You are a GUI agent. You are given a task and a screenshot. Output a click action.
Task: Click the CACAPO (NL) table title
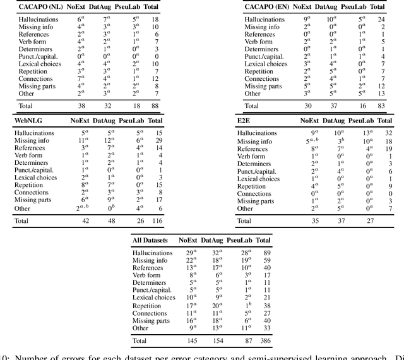coord(39,7)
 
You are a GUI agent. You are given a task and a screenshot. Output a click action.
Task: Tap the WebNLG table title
coord(30,120)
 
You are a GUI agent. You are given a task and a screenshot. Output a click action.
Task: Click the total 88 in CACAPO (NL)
coord(155,106)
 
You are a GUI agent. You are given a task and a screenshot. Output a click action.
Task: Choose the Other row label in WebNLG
coord(23,208)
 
